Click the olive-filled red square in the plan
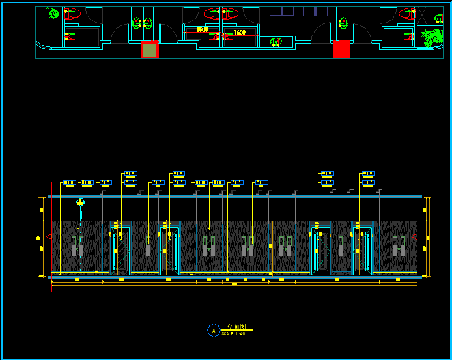click(x=150, y=50)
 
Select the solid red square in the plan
click(x=341, y=49)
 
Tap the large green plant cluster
click(x=431, y=37)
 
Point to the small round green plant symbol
click(x=53, y=13)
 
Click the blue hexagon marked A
click(x=213, y=331)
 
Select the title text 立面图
click(x=236, y=327)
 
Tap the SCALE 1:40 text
click(x=233, y=334)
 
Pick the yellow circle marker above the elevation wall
click(x=80, y=202)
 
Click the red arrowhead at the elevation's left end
click(x=49, y=237)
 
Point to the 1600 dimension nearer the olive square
click(x=202, y=29)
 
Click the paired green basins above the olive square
click(x=143, y=23)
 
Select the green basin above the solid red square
click(x=343, y=23)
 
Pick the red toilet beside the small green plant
click(x=72, y=13)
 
